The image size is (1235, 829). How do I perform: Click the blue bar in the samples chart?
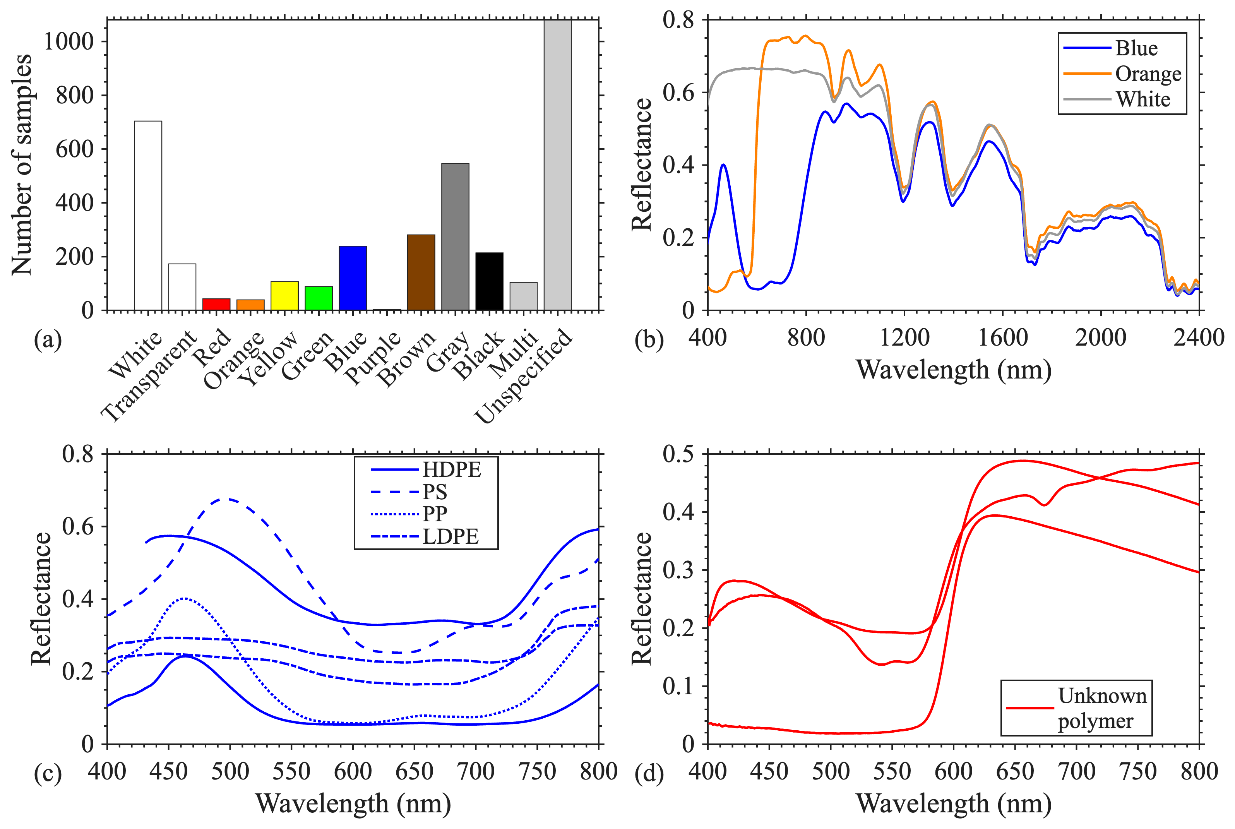coord(353,278)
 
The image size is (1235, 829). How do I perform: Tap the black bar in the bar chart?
coord(489,281)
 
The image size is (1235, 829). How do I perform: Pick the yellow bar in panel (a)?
coord(284,296)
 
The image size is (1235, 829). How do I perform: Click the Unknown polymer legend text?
coord(1102,709)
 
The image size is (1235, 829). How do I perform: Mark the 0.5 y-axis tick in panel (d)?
coord(678,454)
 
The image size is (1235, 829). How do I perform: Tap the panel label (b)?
coord(649,339)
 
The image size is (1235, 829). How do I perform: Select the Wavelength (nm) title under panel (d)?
coord(953,803)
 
